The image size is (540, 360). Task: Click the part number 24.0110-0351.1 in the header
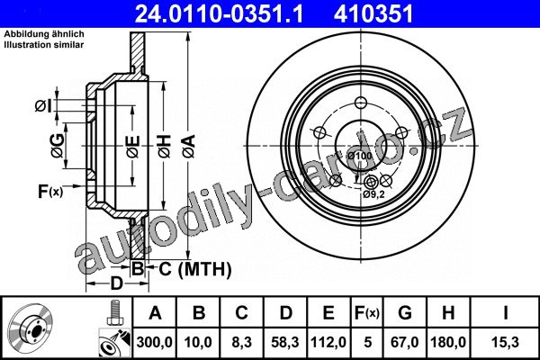(219, 13)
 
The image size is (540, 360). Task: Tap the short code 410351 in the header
(373, 13)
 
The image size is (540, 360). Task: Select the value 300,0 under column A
(154, 342)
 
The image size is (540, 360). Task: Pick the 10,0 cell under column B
(198, 342)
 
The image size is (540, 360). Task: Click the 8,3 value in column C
(242, 342)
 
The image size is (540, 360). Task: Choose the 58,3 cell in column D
(285, 342)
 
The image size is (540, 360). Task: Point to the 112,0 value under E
(328, 342)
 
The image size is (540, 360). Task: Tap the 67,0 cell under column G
(405, 342)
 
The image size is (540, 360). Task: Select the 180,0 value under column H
(448, 342)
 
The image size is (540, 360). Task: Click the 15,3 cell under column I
(505, 342)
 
